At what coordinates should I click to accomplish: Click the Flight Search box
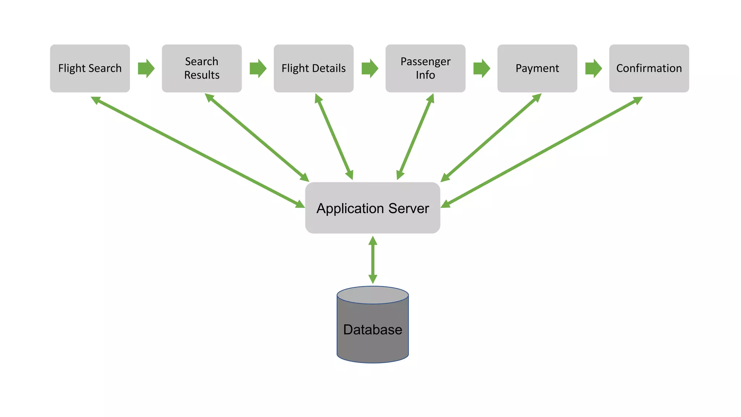click(90, 68)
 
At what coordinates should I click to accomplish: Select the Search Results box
click(202, 68)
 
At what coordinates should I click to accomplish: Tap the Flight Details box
click(313, 68)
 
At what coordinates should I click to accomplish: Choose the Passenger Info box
click(425, 68)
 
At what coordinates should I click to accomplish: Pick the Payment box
click(537, 68)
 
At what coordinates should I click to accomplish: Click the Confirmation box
click(649, 68)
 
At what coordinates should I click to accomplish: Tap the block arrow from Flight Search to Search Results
click(146, 68)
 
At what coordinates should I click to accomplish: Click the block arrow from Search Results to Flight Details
click(258, 68)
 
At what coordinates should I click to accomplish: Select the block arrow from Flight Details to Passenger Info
click(370, 68)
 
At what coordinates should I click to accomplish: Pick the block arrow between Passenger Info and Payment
click(482, 68)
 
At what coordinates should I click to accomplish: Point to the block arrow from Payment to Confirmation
click(593, 68)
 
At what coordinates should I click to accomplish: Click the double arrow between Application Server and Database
click(373, 260)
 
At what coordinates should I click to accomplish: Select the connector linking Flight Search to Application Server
click(198, 152)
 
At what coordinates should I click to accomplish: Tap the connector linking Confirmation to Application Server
click(542, 152)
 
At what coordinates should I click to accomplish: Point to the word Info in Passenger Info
click(425, 75)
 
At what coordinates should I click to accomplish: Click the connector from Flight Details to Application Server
click(334, 137)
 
